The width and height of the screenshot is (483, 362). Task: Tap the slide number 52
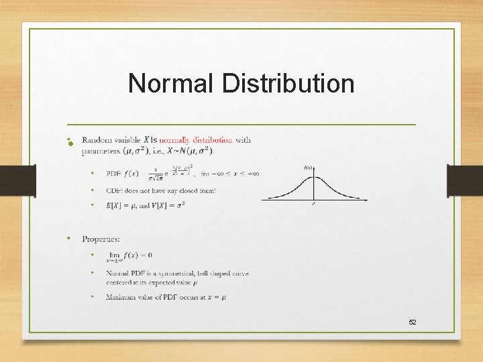point(413,322)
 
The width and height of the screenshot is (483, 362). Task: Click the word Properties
point(101,239)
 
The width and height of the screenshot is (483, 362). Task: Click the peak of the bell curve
point(313,176)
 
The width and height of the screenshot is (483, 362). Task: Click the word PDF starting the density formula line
point(113,174)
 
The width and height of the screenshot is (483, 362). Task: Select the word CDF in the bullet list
point(113,191)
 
